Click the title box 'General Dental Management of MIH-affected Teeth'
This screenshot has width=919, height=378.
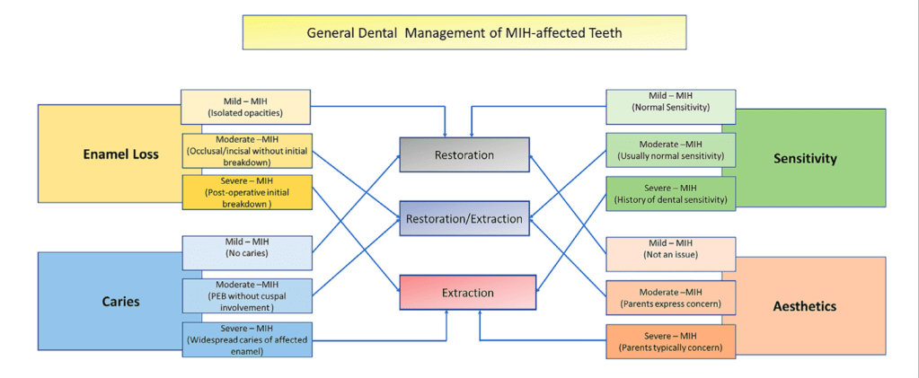tap(464, 32)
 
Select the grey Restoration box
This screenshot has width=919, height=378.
tap(464, 154)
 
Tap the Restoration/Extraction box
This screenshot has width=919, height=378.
tap(464, 218)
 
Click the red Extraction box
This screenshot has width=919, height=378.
tap(467, 293)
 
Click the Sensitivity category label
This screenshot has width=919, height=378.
tap(805, 159)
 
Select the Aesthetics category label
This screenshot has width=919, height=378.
tap(805, 306)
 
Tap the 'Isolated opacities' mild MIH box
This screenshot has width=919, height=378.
tap(245, 106)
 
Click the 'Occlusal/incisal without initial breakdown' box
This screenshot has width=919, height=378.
tap(247, 150)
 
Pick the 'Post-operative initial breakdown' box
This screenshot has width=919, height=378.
tap(247, 192)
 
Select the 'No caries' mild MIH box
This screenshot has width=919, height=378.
tap(247, 252)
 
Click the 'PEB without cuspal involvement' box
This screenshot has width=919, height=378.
tap(247, 295)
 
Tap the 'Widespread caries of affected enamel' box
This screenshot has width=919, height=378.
tap(247, 338)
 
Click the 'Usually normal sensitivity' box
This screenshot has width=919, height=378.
tap(671, 150)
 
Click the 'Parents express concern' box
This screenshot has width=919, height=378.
tap(671, 297)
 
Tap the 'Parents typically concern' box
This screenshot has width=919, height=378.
tap(671, 341)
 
